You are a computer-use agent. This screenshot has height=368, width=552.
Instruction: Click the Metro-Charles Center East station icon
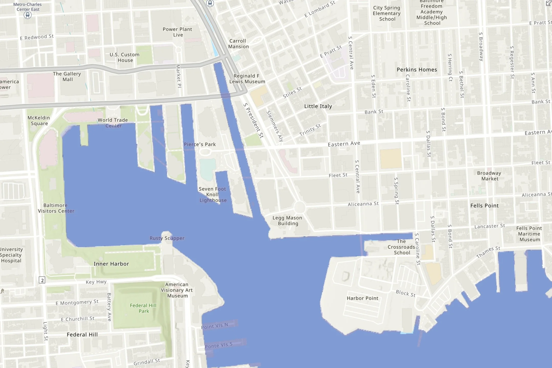pos(28,15)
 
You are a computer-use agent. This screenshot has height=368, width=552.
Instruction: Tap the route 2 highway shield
pos(42,280)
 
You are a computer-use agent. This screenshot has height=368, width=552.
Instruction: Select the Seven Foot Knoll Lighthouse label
pos(213,195)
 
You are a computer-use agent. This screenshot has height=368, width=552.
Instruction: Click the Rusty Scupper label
pos(167,238)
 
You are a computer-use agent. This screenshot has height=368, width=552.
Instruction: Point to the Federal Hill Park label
pos(143,308)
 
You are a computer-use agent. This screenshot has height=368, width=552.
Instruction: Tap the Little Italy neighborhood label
pos(318,106)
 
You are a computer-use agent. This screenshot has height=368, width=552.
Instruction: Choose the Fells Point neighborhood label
pos(484,206)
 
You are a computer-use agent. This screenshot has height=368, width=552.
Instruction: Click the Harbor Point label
pos(362,298)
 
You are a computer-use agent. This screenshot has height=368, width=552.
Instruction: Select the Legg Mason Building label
pos(287,220)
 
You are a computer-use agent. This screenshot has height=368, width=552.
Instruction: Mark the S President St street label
pos(253,120)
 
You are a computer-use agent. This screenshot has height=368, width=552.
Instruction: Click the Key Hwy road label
pos(96,282)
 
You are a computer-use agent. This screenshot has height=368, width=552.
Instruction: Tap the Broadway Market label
pos(489,176)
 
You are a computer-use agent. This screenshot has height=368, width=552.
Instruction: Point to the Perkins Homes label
pos(417,70)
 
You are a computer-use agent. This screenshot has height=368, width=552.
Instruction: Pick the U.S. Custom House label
pos(125,57)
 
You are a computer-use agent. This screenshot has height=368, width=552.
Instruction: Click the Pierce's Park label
pos(200,144)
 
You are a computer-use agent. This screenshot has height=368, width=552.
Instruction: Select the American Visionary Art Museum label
pos(177,290)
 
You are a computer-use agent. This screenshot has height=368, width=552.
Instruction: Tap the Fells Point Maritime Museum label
pos(529,234)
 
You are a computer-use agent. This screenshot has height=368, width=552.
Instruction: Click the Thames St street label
pos(488,252)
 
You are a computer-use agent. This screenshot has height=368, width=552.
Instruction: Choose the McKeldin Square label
pos(39,120)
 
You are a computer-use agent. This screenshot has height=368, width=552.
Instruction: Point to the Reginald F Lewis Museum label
pos(247,79)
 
